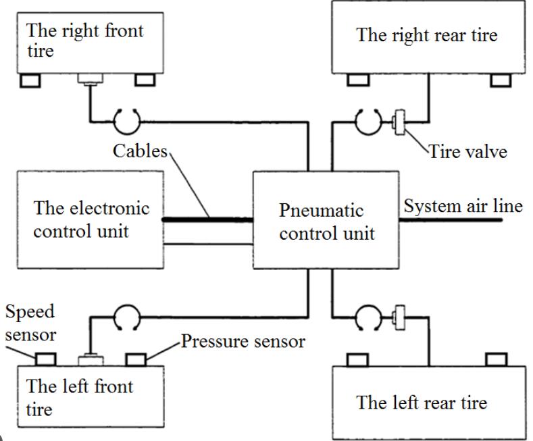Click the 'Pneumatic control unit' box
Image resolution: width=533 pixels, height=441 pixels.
[326, 219]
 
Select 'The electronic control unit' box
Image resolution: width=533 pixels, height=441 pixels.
[89, 219]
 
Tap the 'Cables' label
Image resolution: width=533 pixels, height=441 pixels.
[139, 151]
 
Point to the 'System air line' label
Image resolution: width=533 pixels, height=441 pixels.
[463, 205]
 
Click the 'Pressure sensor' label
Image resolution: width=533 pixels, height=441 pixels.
[243, 342]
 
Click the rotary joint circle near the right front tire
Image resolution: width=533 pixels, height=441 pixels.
[126, 122]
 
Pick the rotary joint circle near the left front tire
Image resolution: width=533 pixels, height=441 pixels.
[126, 315]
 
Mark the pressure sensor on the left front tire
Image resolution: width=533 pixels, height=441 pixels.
[136, 358]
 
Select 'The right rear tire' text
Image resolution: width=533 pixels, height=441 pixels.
[426, 35]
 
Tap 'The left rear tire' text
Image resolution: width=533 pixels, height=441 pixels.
[422, 403]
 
